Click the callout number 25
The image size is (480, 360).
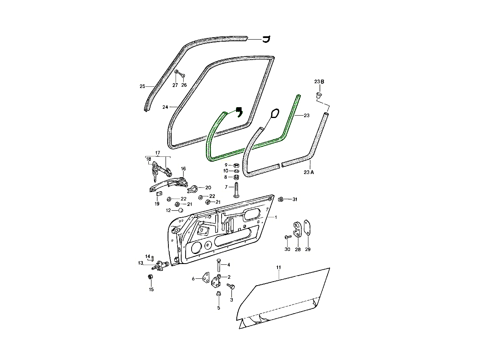[x=142, y=86]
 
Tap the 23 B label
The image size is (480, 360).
[x=319, y=82]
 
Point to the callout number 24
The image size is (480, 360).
[x=165, y=107]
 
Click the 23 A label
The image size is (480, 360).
[x=309, y=172]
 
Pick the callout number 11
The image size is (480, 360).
[x=278, y=267]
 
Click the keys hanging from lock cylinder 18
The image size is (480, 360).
[x=156, y=176]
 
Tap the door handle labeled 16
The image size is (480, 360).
[x=169, y=184]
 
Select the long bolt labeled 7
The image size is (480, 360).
[x=236, y=190]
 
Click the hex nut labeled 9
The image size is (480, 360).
[x=236, y=165]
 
